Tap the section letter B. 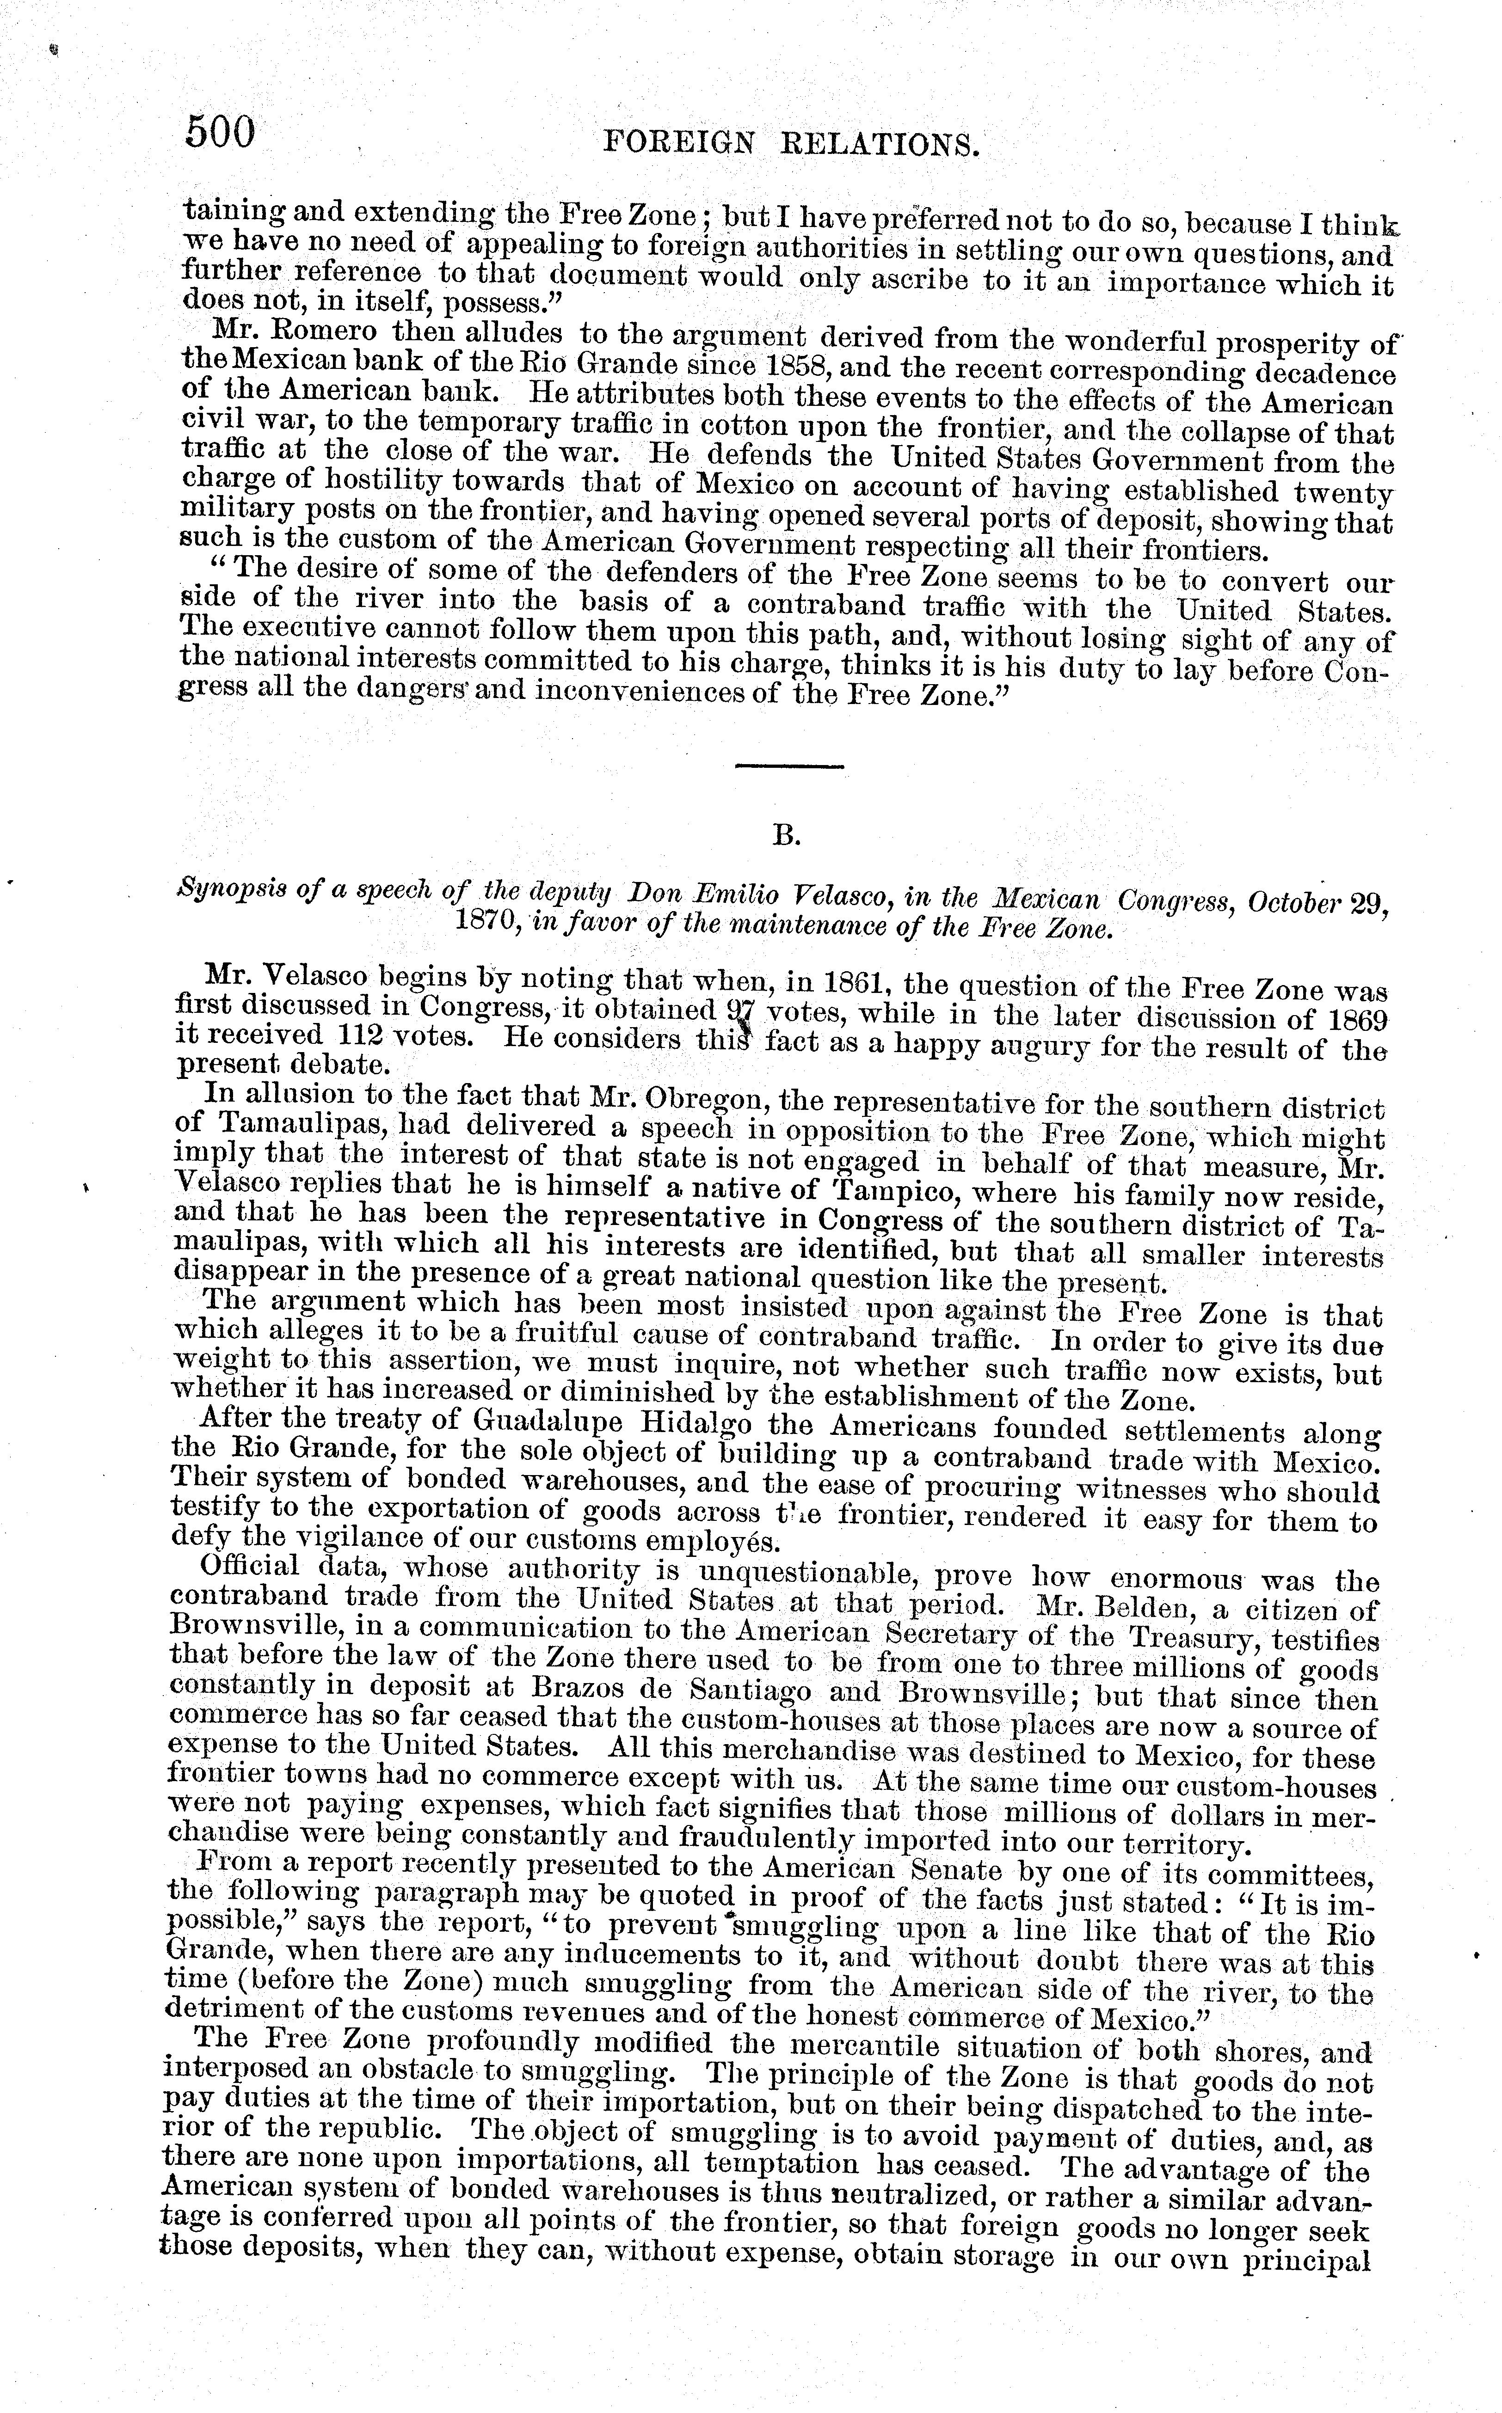tap(786, 837)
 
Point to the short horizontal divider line tap(789, 766)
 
